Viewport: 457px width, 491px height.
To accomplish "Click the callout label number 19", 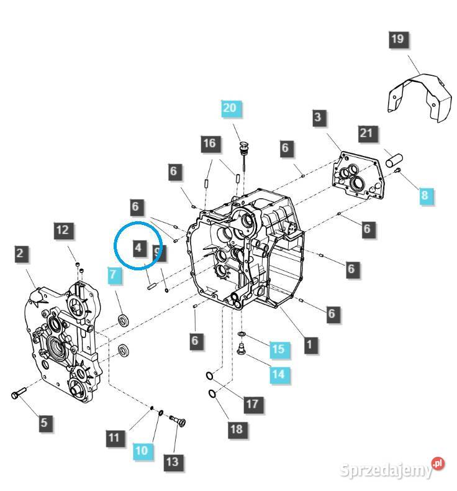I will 397,39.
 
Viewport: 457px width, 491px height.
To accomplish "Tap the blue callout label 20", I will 230,108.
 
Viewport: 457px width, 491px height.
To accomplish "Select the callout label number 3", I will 317,117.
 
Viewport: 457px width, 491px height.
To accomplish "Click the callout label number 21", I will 366,134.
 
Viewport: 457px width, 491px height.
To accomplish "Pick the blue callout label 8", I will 425,195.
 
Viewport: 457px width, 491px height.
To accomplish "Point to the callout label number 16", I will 210,144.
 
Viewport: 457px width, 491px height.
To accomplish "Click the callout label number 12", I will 63,230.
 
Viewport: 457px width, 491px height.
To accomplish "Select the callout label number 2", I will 20,254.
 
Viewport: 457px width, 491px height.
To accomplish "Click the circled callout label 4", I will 138,248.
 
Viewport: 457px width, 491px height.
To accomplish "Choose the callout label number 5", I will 43,423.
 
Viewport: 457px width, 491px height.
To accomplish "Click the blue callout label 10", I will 142,450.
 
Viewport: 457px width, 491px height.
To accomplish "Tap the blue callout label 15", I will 278,349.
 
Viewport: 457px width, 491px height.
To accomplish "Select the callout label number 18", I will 236,429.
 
